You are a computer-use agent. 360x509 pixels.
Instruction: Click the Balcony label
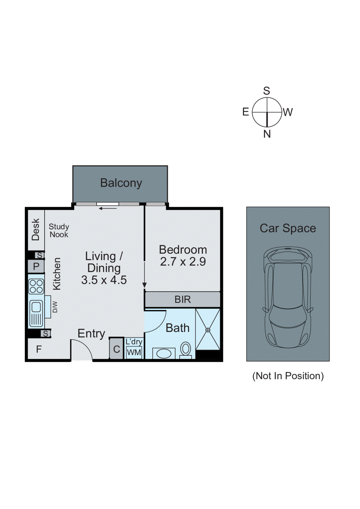tap(121, 183)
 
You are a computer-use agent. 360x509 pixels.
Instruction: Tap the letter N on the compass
tap(267, 134)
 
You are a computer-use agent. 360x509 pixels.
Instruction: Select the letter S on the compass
tap(266, 91)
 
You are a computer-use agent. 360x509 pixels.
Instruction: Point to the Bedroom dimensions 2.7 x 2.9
tap(183, 262)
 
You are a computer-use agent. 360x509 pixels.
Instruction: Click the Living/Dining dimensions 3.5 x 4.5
tap(104, 280)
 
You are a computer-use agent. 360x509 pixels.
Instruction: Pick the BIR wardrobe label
tap(182, 299)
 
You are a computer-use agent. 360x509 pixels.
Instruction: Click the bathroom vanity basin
tap(164, 353)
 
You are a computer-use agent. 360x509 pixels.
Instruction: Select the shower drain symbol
tap(208, 330)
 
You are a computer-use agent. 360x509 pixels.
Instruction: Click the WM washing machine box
tap(134, 352)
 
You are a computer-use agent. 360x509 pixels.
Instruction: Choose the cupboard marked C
tap(116, 349)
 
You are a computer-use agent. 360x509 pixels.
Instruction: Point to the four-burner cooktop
tap(36, 286)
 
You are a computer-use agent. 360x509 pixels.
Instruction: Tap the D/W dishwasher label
tap(55, 307)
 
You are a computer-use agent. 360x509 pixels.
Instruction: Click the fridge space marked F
tap(39, 349)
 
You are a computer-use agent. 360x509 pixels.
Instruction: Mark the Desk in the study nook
tap(36, 229)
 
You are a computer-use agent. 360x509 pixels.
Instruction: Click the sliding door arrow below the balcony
tap(108, 209)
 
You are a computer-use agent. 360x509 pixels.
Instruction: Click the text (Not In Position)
tap(288, 376)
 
